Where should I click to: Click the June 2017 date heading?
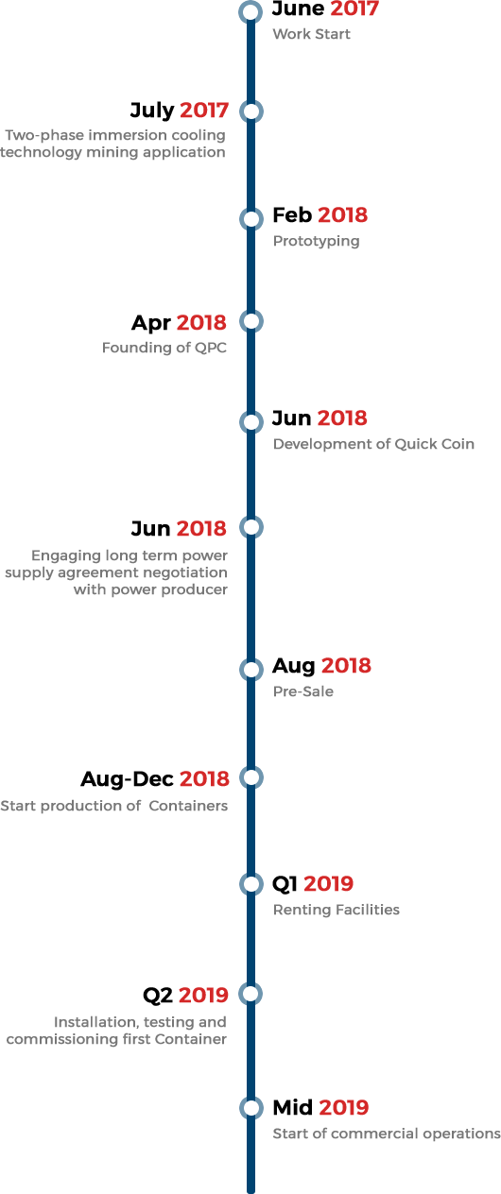[325, 9]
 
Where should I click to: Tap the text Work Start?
[312, 34]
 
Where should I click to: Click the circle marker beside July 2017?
[250, 111]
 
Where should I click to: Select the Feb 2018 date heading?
[320, 215]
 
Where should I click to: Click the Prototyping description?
[317, 242]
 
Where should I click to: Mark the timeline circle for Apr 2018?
[250, 321]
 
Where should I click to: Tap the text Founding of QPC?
[164, 348]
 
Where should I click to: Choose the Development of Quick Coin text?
[373, 444]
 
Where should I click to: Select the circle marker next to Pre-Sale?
[250, 670]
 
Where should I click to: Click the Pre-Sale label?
[303, 691]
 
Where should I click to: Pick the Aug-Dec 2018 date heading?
[155, 779]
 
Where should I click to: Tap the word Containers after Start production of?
[188, 806]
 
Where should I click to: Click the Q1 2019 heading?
[313, 884]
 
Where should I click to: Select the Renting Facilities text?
[337, 910]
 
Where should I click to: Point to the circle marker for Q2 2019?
[250, 994]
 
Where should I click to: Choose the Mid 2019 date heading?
[320, 1108]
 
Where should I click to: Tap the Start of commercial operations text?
[387, 1134]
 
